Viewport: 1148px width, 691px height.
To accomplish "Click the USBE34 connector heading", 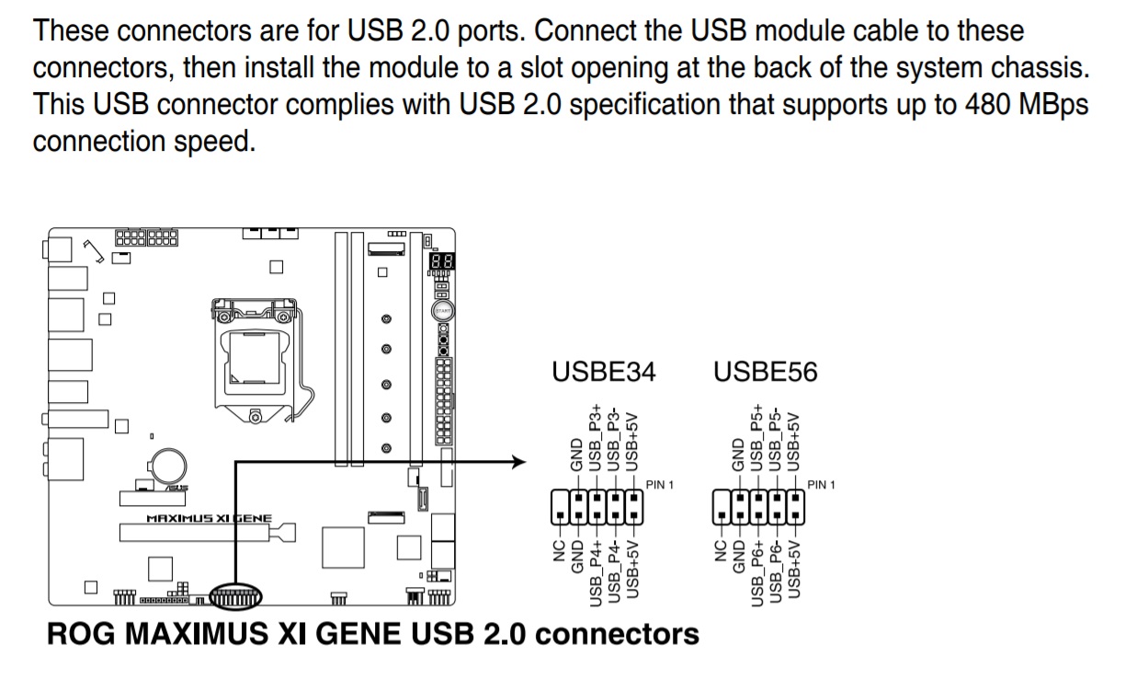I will (x=604, y=373).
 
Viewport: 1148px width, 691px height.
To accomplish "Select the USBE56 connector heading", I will (x=765, y=373).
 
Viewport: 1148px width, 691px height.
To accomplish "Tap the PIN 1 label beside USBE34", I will (x=659, y=485).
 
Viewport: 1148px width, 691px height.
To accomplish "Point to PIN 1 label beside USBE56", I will (x=821, y=485).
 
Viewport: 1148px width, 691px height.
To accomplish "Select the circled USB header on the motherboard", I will (x=235, y=600).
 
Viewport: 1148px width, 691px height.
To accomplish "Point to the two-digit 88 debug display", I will (x=440, y=262).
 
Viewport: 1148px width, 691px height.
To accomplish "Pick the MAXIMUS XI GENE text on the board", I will (x=209, y=519).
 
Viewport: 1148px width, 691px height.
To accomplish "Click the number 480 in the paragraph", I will (x=963, y=104).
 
